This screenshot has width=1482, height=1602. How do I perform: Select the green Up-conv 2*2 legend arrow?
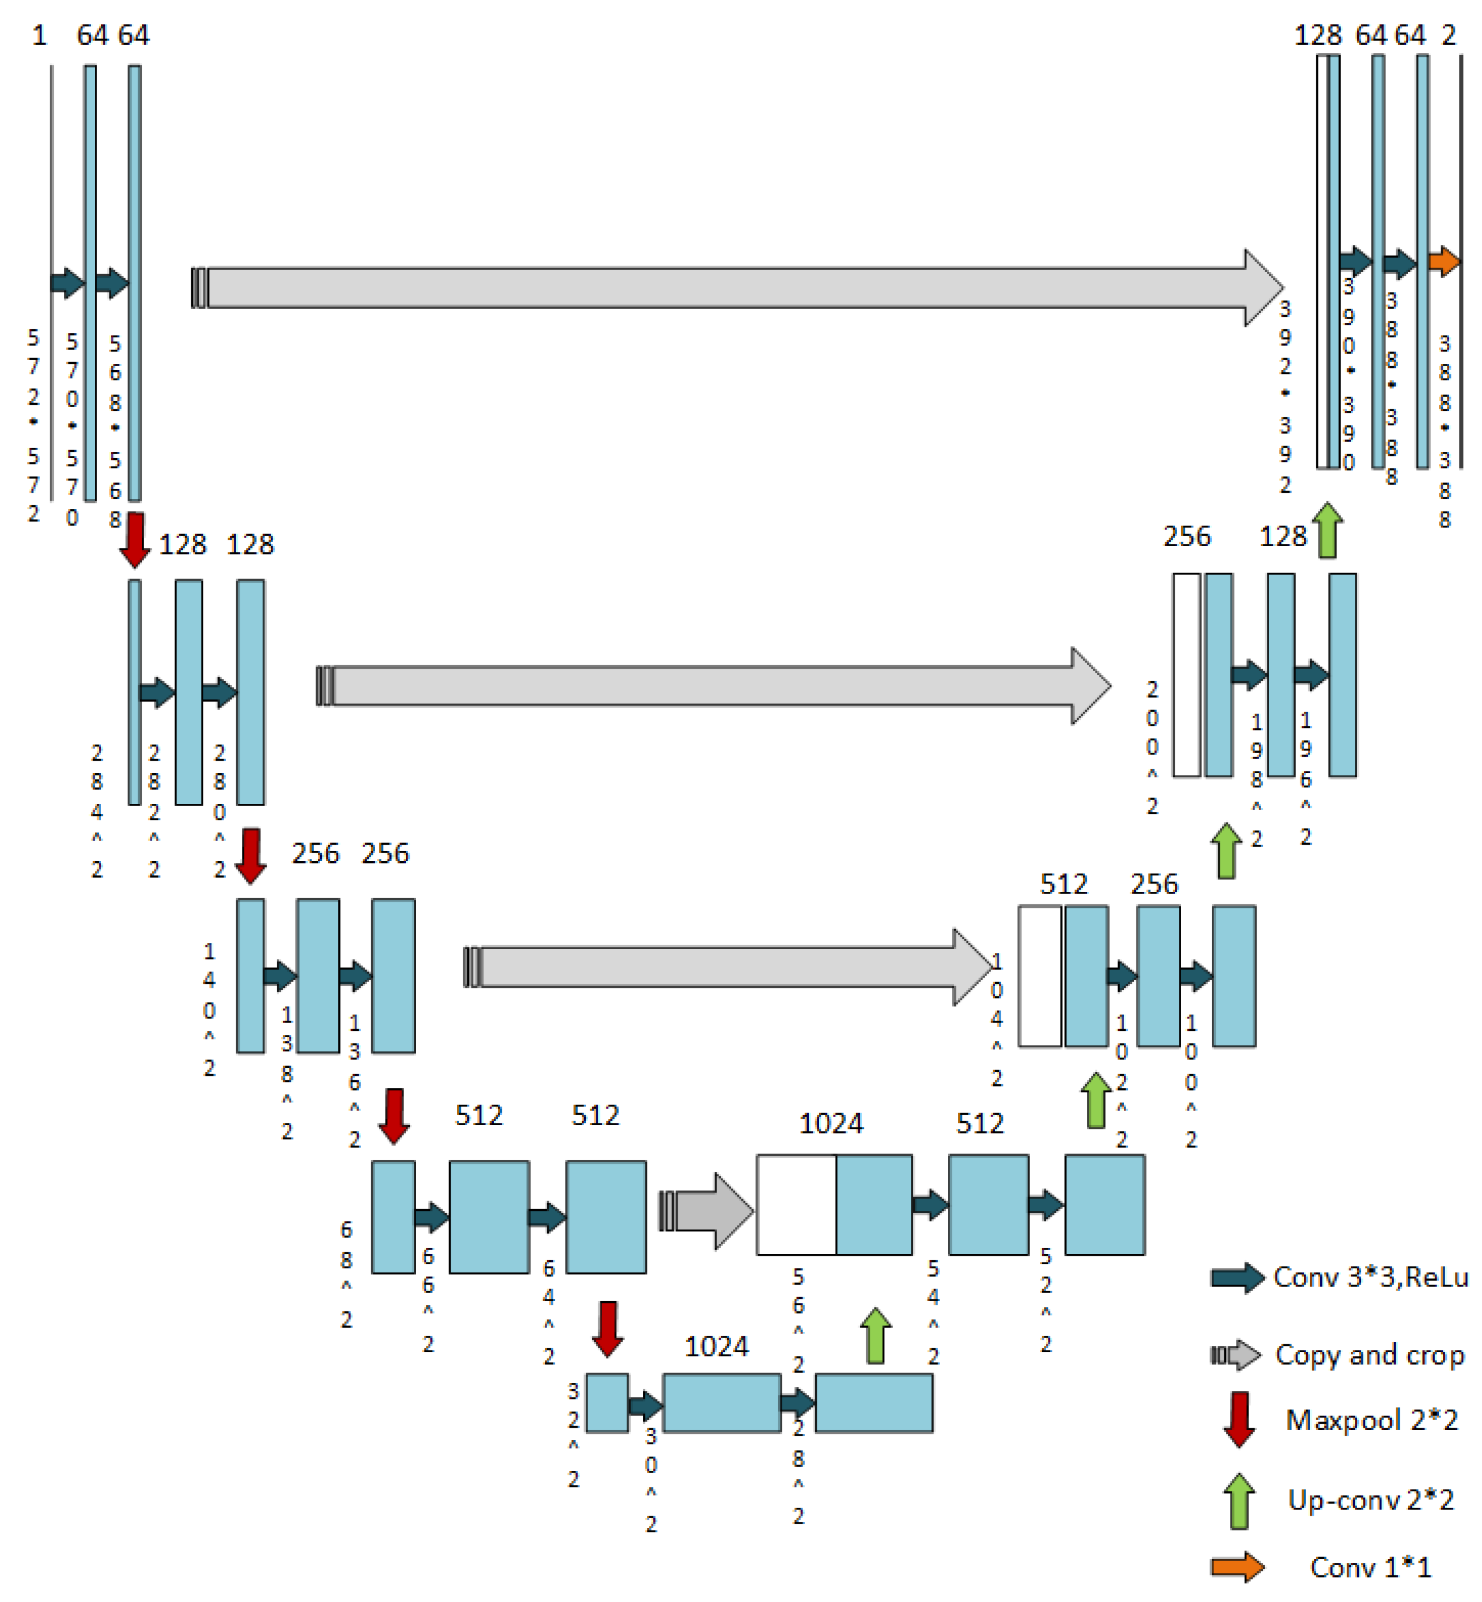(1239, 1500)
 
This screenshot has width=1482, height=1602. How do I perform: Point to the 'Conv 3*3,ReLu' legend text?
(1371, 1276)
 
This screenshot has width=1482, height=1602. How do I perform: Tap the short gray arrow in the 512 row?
(706, 1210)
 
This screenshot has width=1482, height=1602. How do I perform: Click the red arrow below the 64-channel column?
(135, 540)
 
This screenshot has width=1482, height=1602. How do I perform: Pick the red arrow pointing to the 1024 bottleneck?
(608, 1330)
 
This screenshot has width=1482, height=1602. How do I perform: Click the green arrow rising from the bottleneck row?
(876, 1336)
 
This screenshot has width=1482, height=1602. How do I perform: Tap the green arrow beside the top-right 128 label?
(1328, 530)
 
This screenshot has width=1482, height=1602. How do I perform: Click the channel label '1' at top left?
(39, 35)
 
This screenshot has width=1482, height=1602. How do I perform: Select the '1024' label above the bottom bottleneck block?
(716, 1346)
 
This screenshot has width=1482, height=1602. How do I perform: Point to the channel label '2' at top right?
(1449, 35)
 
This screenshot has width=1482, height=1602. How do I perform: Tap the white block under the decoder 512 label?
(1040, 976)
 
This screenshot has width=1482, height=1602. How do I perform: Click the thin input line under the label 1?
(52, 282)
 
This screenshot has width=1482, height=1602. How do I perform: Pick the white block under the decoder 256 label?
(1187, 674)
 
